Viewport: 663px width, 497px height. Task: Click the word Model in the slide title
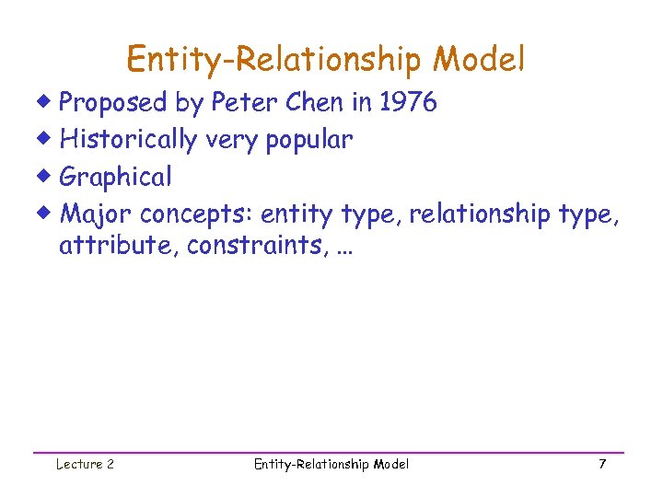(x=481, y=60)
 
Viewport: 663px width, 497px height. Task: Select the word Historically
(x=128, y=140)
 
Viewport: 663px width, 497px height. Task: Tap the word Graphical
(x=115, y=177)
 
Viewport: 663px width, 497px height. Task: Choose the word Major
(x=96, y=214)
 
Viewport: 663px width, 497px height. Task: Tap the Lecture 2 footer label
(x=85, y=465)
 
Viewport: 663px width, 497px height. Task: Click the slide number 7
(x=601, y=465)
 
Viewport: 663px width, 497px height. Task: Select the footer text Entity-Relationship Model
(x=331, y=465)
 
